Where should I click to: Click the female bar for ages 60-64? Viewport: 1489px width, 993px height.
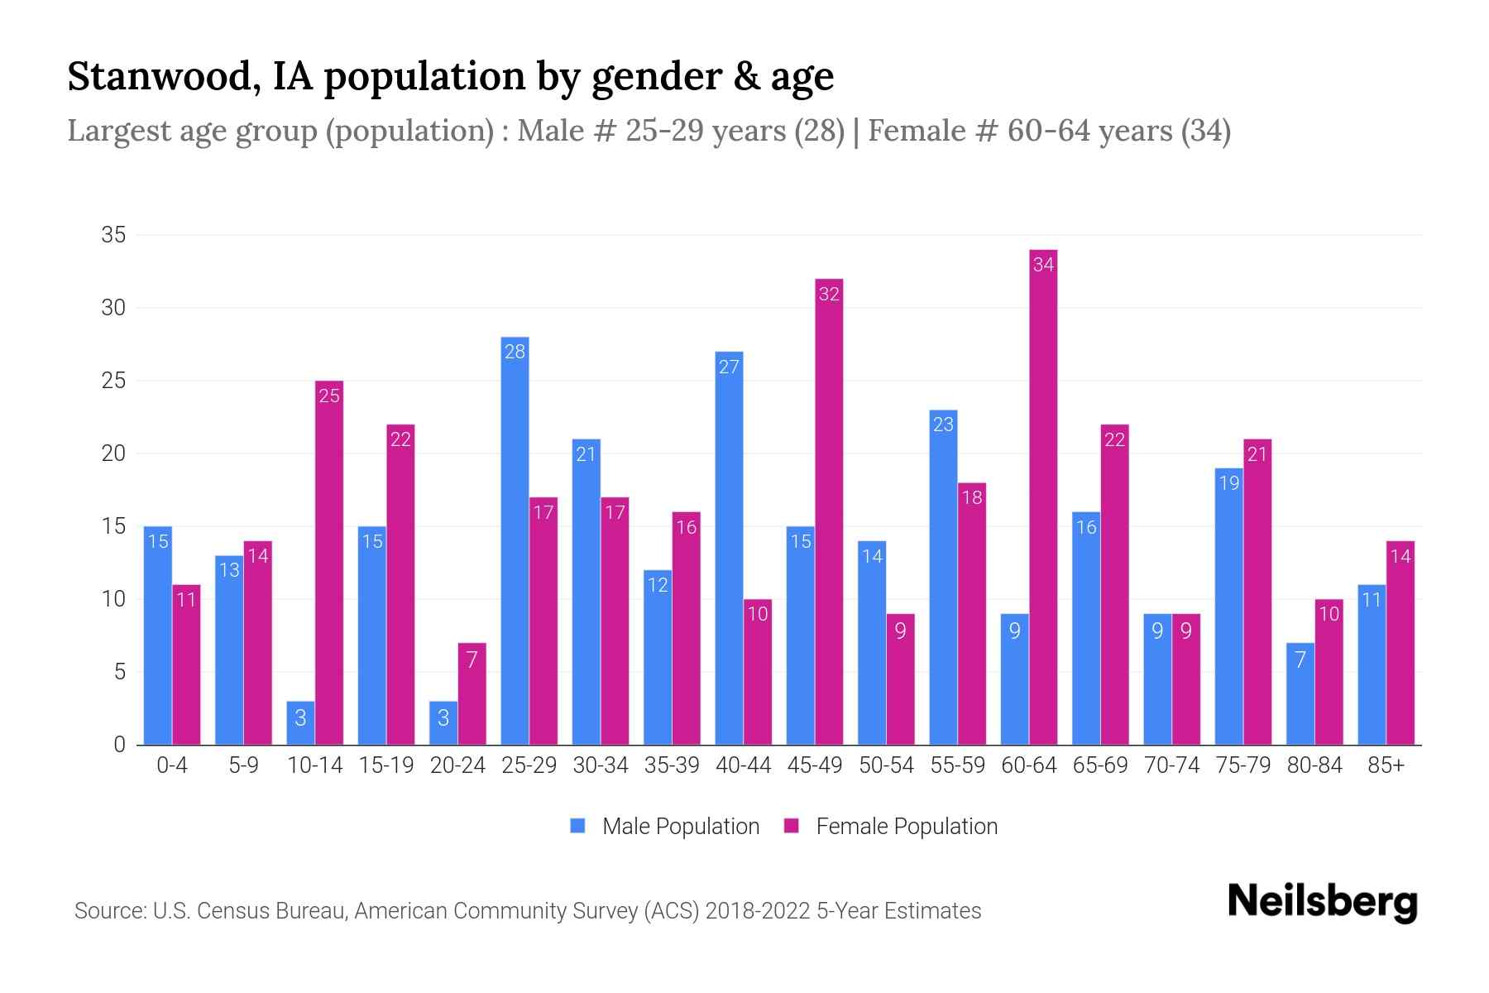tap(1043, 496)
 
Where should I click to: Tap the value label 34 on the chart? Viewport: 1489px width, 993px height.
tap(1043, 265)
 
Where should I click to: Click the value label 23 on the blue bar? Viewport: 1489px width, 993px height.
tap(943, 425)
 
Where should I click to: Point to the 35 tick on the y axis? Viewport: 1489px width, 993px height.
tap(113, 235)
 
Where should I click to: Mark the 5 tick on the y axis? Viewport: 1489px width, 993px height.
tap(119, 672)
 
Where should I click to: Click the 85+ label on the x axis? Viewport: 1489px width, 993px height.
tap(1386, 765)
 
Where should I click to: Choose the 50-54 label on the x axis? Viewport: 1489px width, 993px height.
tap(886, 765)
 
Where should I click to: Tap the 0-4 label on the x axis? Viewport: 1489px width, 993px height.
tap(172, 765)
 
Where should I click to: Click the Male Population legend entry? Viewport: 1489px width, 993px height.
tap(665, 826)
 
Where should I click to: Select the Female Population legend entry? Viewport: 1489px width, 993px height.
tap(892, 826)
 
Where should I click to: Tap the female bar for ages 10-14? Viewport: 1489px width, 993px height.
tap(329, 563)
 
